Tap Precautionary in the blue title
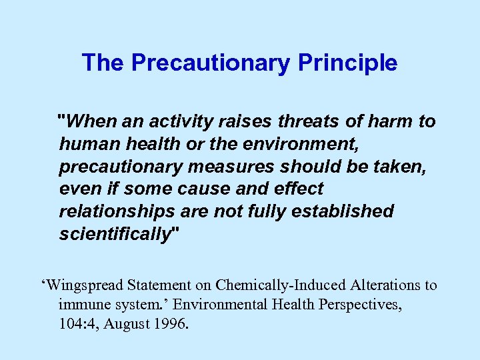(210, 63)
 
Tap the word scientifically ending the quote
(115, 235)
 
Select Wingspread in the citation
(84, 285)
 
